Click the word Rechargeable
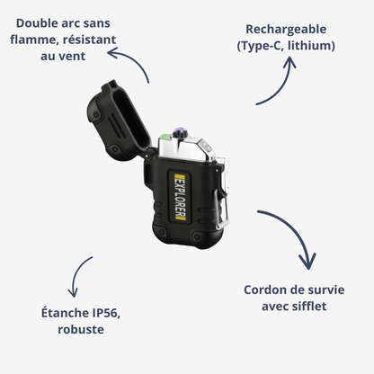point(286,30)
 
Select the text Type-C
point(262,46)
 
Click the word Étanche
point(65,312)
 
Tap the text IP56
point(106,313)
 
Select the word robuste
point(81,329)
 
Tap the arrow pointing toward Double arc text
point(132,60)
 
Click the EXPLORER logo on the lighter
point(181,198)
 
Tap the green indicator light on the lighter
point(164,137)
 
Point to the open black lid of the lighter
point(118,120)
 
